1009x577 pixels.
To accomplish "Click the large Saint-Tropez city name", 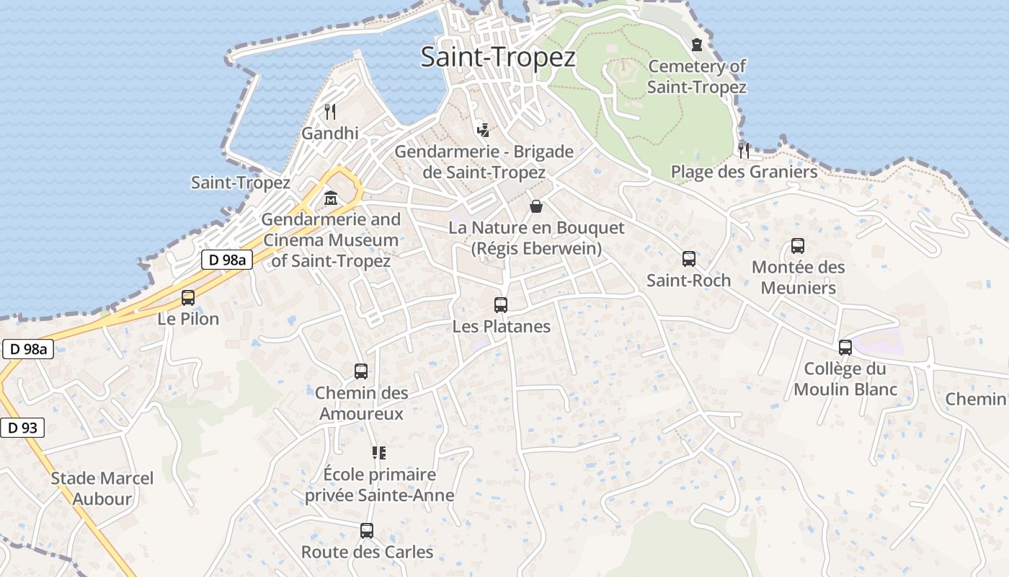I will (498, 57).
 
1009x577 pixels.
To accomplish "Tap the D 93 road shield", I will (22, 428).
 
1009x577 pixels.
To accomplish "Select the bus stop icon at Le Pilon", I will (188, 297).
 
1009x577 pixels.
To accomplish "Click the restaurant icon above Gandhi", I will (330, 111).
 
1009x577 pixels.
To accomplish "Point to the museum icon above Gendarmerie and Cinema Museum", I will (331, 197).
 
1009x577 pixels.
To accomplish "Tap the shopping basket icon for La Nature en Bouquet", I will (536, 206).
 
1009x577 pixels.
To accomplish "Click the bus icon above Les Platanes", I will (501, 304).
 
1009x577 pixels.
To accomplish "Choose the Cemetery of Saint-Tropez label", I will (696, 76).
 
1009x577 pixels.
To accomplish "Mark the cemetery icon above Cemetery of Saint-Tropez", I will (696, 45).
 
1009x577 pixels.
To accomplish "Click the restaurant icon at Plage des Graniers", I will (744, 150).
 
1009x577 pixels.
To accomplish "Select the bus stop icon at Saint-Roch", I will (688, 258).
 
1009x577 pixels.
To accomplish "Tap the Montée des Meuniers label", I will (799, 278).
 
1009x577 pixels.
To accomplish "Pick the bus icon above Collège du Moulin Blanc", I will (845, 348).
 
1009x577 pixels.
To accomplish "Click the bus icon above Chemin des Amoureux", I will (361, 371).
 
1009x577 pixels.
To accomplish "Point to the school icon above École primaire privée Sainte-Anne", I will (379, 453).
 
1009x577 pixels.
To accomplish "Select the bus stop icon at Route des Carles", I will (367, 531).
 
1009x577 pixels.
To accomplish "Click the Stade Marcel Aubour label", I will (102, 488).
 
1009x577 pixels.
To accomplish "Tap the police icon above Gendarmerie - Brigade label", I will (484, 130).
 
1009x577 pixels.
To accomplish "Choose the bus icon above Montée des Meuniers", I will (798, 245).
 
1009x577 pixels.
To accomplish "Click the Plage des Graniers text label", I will (744, 172).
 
